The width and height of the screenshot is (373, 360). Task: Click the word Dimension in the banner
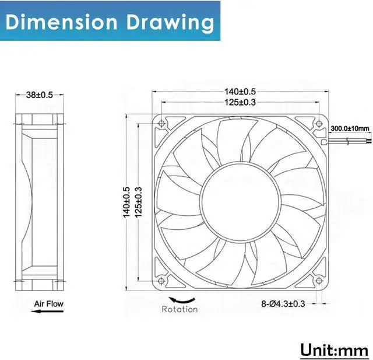pos(61,22)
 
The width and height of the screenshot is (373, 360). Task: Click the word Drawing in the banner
pos(170,23)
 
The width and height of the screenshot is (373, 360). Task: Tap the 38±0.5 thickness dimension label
pos(40,95)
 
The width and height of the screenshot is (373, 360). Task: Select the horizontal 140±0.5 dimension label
pos(240,92)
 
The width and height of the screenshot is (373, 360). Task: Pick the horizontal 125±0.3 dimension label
pos(240,102)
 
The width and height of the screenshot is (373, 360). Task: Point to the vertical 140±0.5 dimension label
pos(126,202)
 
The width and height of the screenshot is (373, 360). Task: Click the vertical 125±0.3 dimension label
pos(138,202)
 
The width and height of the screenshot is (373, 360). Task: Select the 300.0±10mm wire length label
pos(350,128)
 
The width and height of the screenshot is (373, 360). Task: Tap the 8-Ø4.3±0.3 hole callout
pos(283,304)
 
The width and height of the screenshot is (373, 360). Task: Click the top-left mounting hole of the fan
pos(161,123)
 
